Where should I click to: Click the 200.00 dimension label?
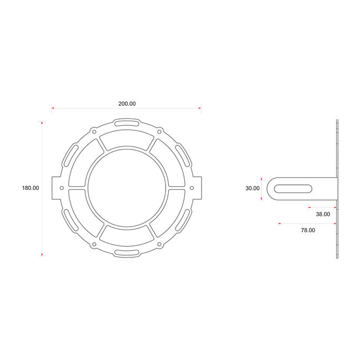127,104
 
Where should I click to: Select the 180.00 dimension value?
30,188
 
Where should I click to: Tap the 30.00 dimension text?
253,188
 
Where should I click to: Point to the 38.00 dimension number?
323,214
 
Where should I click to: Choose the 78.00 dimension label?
308,230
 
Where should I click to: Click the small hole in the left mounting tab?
61,188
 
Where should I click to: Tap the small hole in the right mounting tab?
192,188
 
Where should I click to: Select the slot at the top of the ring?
127,123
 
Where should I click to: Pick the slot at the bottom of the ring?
127,253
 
